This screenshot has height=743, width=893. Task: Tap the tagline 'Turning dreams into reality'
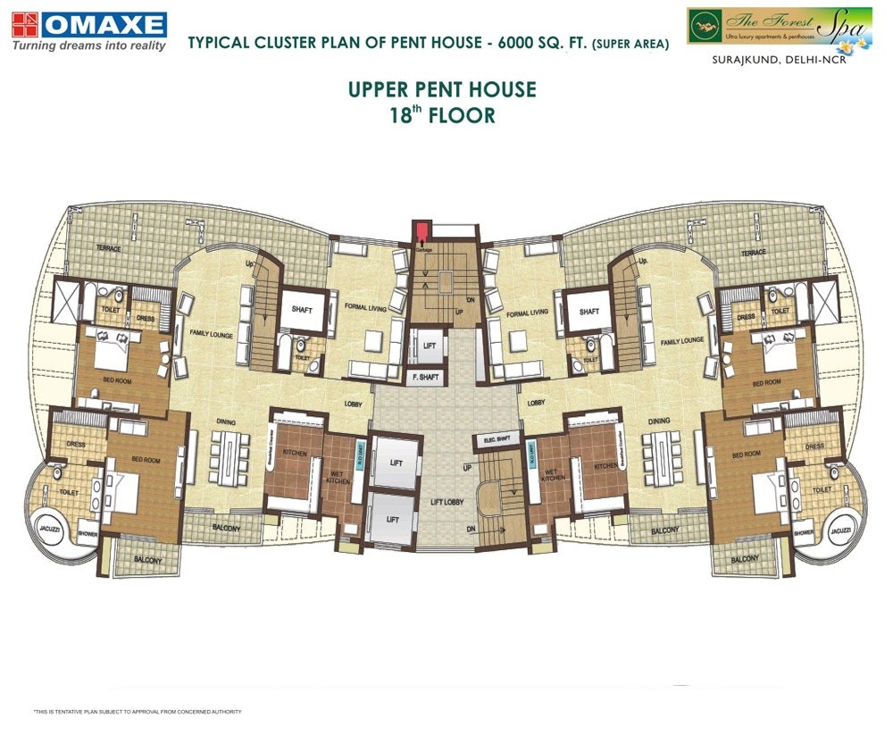(88, 46)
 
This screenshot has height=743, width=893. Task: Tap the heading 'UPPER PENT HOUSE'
(442, 90)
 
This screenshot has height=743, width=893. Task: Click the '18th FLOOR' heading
(442, 115)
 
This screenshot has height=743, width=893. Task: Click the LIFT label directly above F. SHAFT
(430, 345)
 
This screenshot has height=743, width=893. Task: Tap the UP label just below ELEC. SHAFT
(465, 468)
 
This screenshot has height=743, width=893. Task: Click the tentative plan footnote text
(138, 712)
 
